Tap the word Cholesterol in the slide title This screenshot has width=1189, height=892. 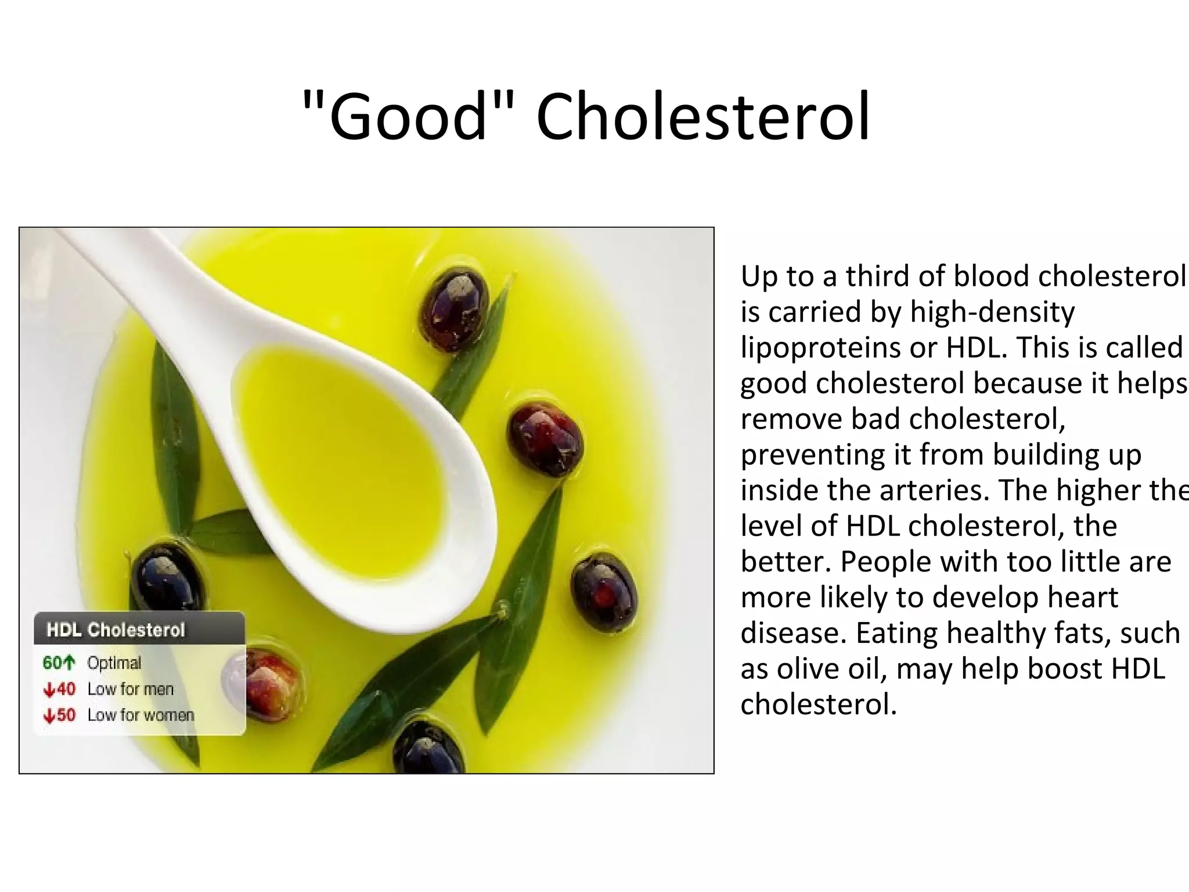tap(703, 116)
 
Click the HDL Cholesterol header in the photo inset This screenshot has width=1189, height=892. tap(116, 630)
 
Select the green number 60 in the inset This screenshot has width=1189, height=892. tap(52, 663)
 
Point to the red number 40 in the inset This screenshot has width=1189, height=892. tap(66, 689)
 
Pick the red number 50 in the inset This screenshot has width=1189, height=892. tap(66, 715)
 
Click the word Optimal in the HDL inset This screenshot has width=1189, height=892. tap(114, 663)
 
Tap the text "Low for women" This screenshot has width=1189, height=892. tap(140, 715)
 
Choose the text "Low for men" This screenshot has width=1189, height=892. tap(131, 689)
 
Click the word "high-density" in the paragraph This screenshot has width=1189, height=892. tap(992, 312)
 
